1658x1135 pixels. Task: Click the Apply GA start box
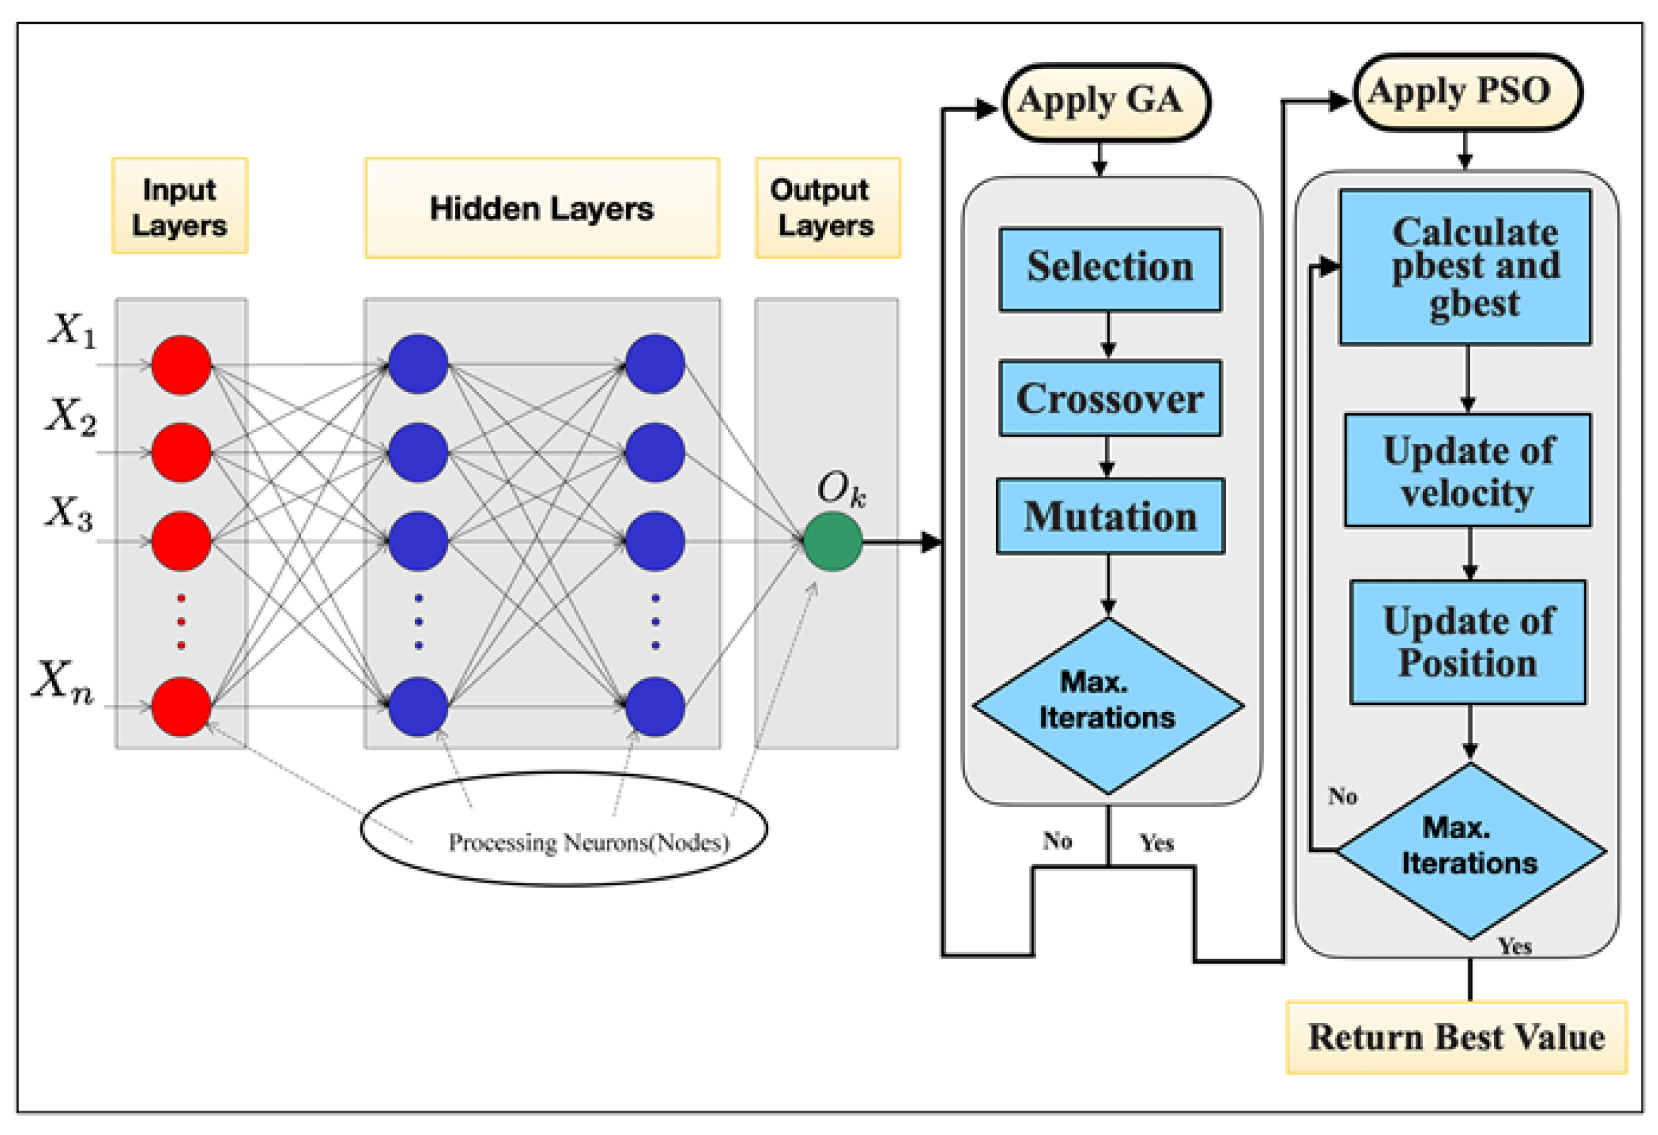pos(1106,102)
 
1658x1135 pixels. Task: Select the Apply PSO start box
pos(1468,93)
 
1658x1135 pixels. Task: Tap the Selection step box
pos(1110,269)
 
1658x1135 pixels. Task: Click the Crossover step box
pos(1110,398)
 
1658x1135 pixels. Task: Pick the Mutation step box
pos(1110,516)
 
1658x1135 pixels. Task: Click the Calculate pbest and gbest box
pos(1466,267)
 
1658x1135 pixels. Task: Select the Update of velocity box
pos(1468,470)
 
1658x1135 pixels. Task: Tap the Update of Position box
pos(1468,642)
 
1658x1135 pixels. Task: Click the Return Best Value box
pos(1456,1038)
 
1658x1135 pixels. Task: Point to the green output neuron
pos(833,541)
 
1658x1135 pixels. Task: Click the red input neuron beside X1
pos(181,364)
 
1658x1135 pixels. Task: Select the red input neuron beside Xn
pos(181,706)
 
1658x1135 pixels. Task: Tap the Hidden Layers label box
pos(542,208)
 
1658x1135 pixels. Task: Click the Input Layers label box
pos(180,206)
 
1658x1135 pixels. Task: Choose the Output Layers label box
pos(827,208)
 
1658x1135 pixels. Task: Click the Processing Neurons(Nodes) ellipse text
pos(589,843)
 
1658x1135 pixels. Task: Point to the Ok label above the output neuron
pos(841,489)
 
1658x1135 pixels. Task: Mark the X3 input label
pos(69,513)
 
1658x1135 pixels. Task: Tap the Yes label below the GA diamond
pos(1157,843)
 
